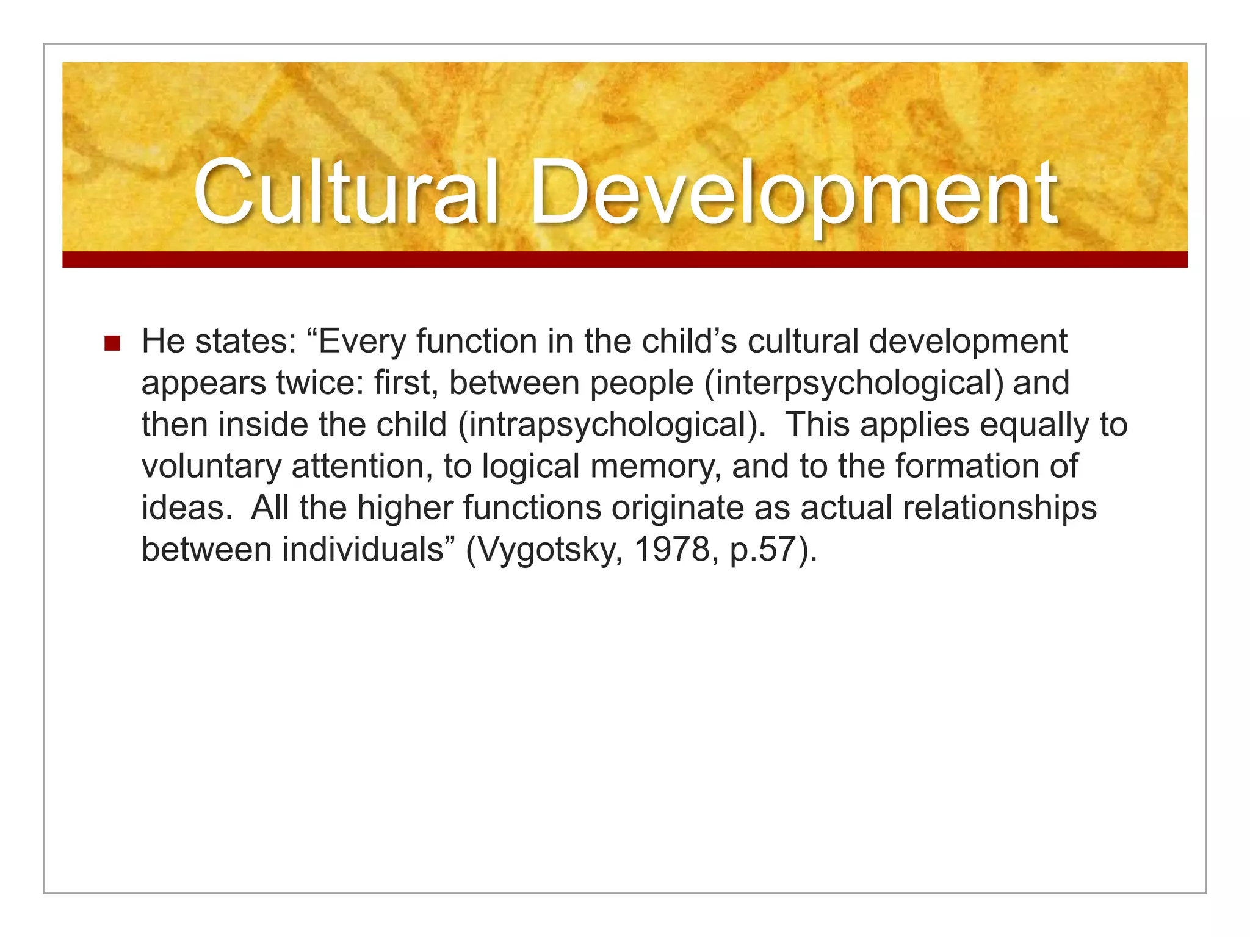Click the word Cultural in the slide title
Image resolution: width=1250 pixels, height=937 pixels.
pos(345,193)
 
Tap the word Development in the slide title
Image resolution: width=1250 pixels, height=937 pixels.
pos(793,194)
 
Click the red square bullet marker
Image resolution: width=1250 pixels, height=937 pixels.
pos(112,343)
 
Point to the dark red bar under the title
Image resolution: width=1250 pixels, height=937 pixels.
pos(625,259)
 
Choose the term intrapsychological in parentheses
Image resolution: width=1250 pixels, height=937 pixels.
pos(611,426)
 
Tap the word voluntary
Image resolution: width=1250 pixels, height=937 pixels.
pos(211,467)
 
